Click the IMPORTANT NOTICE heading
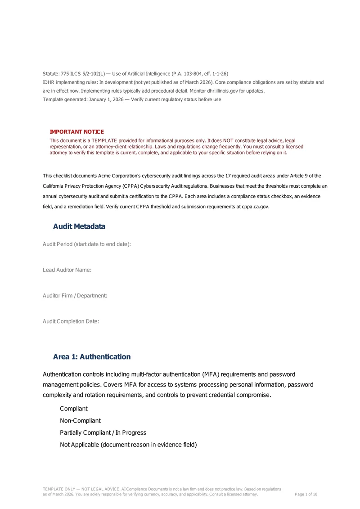tap(76, 132)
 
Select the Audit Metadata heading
tap(79, 226)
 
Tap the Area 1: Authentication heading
tap(92, 357)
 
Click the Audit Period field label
tap(87, 244)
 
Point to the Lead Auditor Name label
tap(67, 270)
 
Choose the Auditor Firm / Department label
tap(75, 296)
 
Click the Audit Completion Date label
tap(71, 321)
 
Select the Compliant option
tap(74, 409)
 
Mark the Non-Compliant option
tap(80, 421)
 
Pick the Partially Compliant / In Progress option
tap(103, 432)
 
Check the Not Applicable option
tap(128, 445)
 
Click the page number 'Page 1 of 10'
tap(306, 495)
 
